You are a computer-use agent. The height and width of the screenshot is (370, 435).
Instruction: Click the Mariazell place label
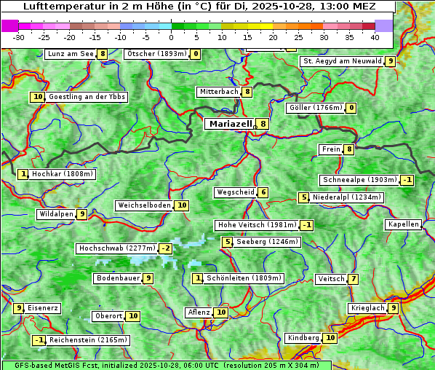pyautogui.click(x=230, y=124)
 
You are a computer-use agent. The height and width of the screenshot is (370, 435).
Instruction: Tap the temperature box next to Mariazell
pyautogui.click(x=263, y=124)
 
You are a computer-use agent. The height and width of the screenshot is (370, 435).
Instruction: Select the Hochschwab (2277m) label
pyautogui.click(x=117, y=248)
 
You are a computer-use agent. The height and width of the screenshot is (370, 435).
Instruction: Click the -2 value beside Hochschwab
pyautogui.click(x=166, y=248)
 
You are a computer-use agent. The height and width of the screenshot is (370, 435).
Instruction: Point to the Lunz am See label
pyautogui.click(x=71, y=54)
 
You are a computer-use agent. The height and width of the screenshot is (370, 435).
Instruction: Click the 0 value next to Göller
pyautogui.click(x=351, y=109)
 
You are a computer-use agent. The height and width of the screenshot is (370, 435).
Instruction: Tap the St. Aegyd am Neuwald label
pyautogui.click(x=342, y=61)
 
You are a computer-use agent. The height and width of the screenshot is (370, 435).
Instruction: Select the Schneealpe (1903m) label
pyautogui.click(x=359, y=180)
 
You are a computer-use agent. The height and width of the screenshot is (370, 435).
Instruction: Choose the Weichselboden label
pyautogui.click(x=144, y=205)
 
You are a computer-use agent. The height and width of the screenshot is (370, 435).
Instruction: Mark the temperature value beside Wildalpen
pyautogui.click(x=82, y=214)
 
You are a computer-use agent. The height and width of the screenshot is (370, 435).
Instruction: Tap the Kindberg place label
pyautogui.click(x=303, y=338)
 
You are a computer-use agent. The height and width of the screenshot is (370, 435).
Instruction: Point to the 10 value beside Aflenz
pyautogui.click(x=221, y=312)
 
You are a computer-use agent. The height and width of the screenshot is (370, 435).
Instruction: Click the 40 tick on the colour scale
pyautogui.click(x=375, y=36)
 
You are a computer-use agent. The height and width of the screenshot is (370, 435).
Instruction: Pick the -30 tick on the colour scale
pyautogui.click(x=19, y=36)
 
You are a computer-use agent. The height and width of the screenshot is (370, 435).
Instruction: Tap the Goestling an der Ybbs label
pyautogui.click(x=87, y=97)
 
